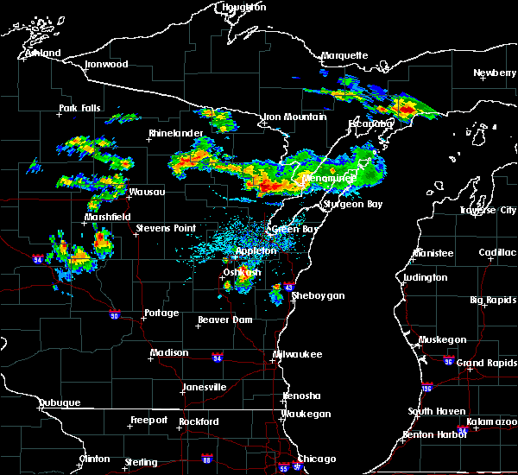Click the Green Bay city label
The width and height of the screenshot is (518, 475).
[293, 230]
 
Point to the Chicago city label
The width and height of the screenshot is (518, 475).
[316, 459]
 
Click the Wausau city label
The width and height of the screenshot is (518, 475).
[146, 192]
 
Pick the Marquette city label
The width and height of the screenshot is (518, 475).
[345, 56]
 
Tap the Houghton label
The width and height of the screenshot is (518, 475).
[245, 7]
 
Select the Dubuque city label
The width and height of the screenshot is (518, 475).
[60, 403]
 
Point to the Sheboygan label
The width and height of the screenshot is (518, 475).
[319, 295]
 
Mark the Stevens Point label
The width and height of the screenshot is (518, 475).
[166, 229]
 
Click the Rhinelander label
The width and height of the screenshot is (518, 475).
[175, 133]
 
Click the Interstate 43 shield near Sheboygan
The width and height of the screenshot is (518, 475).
[289, 287]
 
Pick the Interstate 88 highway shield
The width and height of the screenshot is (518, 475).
[206, 459]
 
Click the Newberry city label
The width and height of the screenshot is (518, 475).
[495, 73]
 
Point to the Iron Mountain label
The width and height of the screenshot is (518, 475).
[294, 117]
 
